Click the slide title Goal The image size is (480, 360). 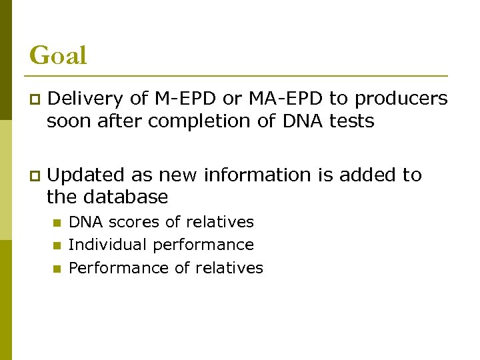point(58,55)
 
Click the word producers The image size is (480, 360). point(401,99)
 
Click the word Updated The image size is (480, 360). point(87,175)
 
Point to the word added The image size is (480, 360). point(370,175)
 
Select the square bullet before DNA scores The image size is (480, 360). point(57,223)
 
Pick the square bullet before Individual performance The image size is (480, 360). point(57,245)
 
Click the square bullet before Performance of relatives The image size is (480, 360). point(57,269)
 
